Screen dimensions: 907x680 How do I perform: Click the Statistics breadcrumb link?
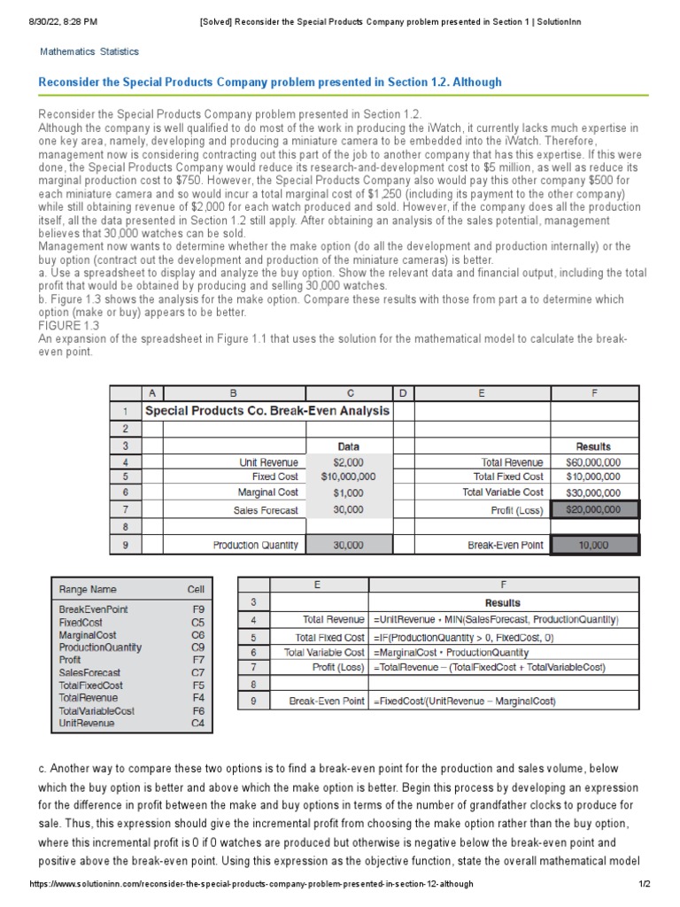tap(120, 52)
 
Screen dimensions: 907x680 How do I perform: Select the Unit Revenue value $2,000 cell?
tap(348, 462)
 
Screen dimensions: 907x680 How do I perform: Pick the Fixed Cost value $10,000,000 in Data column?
tap(348, 477)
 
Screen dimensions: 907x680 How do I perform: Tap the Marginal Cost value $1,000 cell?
tap(348, 492)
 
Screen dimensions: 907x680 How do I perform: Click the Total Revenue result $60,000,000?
tap(592, 462)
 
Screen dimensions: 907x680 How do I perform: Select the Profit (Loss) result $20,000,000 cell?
tap(593, 509)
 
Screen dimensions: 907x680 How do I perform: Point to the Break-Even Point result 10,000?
tap(593, 545)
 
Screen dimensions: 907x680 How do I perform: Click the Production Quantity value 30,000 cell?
tap(348, 545)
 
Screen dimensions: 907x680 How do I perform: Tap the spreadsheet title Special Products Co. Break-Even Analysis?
tap(267, 411)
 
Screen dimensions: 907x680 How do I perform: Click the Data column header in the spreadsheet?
tap(348, 446)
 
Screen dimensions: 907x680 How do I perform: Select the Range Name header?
tap(88, 589)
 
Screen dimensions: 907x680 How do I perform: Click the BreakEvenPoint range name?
tap(93, 609)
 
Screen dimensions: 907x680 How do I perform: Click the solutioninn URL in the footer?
tap(251, 884)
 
